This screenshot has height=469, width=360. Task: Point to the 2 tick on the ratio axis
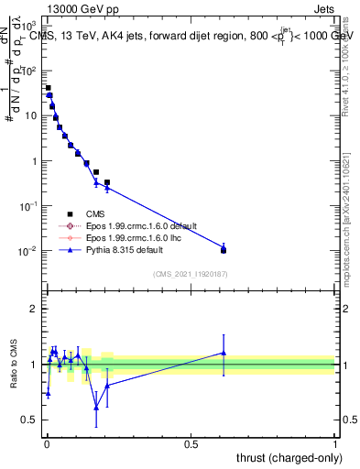tap(34, 309)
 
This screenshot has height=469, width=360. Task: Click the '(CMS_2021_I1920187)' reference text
tap(190, 273)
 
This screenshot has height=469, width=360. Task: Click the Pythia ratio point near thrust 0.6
tap(224, 353)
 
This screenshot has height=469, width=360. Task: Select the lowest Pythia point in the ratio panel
tap(96, 408)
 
